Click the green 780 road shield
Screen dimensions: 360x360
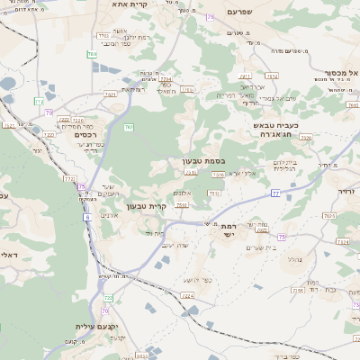click(93, 55)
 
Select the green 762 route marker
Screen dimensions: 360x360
click(130, 127)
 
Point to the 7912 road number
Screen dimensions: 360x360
click(272, 76)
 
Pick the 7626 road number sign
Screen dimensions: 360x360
click(329, 216)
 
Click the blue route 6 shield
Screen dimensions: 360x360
click(87, 217)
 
